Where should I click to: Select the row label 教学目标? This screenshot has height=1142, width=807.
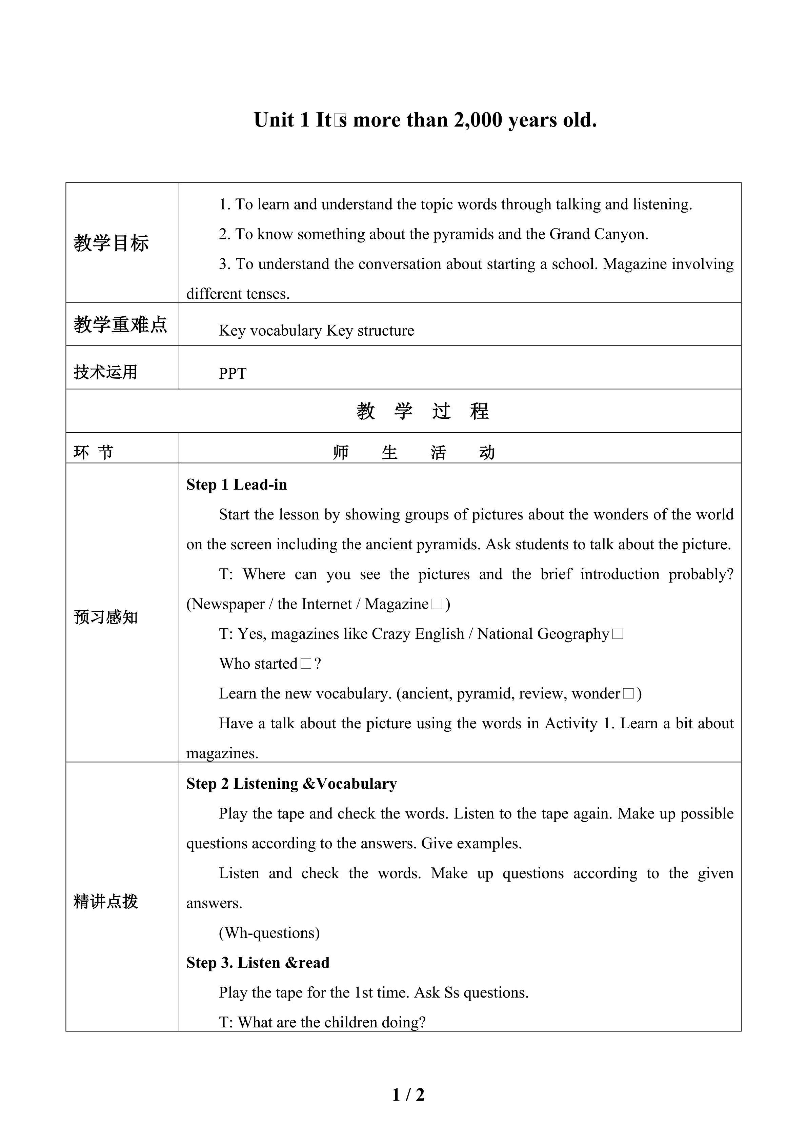(112, 243)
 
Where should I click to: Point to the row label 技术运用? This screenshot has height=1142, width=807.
(105, 372)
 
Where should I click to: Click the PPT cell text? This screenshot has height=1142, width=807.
(232, 374)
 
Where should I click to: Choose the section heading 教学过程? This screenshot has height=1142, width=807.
(423, 411)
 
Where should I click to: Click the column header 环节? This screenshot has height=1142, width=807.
(94, 452)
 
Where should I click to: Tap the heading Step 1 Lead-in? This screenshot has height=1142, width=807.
(237, 485)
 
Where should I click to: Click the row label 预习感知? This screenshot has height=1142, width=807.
(105, 617)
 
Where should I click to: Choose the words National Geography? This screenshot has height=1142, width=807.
(543, 634)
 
